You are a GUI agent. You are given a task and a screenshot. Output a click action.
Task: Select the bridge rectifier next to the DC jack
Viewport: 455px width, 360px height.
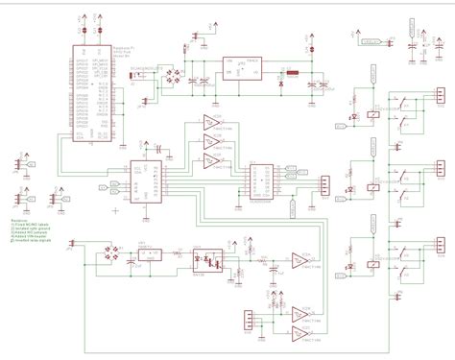pyautogui.click(x=175, y=74)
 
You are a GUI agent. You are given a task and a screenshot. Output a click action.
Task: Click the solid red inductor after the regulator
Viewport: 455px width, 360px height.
pyautogui.click(x=291, y=71)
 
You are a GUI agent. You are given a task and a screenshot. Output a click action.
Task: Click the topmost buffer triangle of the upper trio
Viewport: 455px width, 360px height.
pyautogui.click(x=211, y=123)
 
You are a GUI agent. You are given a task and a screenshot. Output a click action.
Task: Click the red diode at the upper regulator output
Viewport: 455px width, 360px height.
pyautogui.click(x=278, y=84)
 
